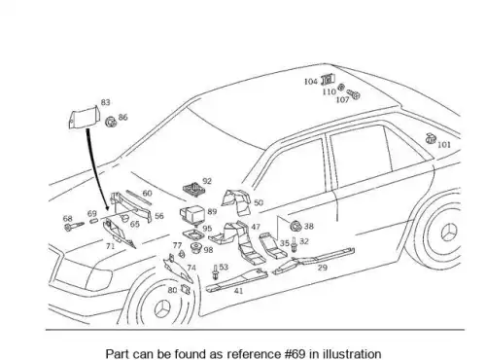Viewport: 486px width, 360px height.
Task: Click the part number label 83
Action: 105,102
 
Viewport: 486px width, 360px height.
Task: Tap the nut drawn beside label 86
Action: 111,122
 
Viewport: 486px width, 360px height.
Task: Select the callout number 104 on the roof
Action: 311,82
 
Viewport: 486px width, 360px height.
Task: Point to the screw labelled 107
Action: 354,94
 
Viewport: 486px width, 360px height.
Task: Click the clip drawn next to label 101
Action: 431,138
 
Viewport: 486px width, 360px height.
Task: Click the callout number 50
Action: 259,202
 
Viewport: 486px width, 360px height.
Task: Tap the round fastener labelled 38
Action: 295,226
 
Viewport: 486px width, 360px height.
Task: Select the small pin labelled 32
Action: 294,244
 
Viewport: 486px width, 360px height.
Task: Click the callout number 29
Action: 323,268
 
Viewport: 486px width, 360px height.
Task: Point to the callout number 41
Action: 238,291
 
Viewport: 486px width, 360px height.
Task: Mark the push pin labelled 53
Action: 215,272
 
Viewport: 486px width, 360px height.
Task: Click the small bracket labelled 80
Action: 186,289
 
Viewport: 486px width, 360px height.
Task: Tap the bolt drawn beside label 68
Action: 74,226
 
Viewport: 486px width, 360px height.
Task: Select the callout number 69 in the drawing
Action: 92,213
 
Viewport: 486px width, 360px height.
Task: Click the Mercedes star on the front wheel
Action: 162,308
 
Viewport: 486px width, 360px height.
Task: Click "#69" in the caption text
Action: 295,353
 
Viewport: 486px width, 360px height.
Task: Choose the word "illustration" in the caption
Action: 352,353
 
